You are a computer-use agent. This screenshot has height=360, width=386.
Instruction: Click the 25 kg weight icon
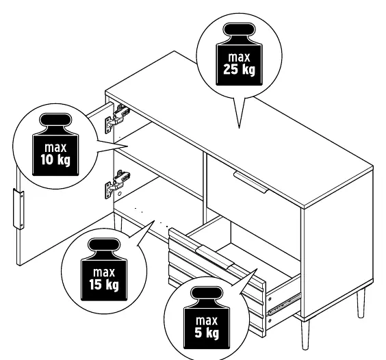(239, 54)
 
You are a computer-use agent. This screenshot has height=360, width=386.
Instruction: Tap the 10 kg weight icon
(55, 144)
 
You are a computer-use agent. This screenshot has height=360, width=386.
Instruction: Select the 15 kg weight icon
(104, 269)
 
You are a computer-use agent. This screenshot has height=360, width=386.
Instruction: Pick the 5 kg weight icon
(206, 318)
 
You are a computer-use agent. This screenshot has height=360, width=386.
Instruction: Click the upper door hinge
(117, 118)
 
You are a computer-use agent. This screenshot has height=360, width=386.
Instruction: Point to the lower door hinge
(118, 183)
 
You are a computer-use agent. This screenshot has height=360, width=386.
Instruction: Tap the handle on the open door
(18, 209)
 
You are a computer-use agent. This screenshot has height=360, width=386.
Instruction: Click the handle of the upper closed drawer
(250, 183)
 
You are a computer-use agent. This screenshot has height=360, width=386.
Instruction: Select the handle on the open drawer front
(214, 257)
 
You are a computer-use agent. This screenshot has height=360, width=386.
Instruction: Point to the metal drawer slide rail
(285, 304)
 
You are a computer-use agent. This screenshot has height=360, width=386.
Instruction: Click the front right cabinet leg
(305, 334)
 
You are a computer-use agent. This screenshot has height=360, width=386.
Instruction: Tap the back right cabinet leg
(361, 303)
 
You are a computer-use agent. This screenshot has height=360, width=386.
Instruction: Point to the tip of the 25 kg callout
(239, 128)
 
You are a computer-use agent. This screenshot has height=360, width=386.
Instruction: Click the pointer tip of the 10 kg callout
(128, 146)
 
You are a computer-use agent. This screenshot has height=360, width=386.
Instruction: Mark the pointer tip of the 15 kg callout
(155, 220)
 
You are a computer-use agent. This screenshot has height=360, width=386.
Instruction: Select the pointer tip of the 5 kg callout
(257, 269)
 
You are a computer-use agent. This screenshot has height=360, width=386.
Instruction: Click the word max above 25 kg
(239, 57)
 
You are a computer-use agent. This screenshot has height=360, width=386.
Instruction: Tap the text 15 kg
(104, 285)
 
